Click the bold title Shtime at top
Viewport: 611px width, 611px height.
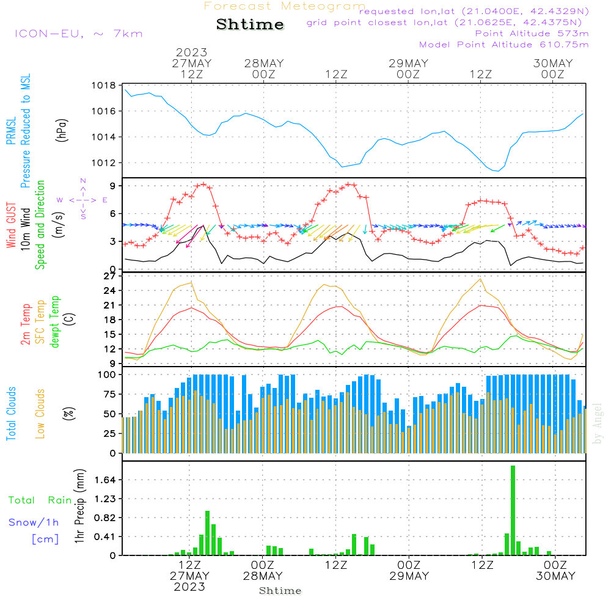251,25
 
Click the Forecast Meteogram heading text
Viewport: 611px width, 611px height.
285,6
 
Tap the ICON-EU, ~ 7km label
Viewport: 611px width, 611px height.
78,34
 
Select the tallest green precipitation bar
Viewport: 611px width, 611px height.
513,510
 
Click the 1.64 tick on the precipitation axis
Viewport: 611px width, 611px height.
106,480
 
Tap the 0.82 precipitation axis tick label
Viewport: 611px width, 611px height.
106,518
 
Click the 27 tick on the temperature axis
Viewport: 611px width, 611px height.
109,276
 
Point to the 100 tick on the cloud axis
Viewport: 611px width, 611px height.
107,375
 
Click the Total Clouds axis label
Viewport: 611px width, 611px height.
12,413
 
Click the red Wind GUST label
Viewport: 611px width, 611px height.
12,225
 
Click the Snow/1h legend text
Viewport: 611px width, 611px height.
34,522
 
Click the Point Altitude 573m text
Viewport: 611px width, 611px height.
532,34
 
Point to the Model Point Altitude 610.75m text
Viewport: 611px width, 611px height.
503,45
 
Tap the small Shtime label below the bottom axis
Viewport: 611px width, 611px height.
280,591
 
